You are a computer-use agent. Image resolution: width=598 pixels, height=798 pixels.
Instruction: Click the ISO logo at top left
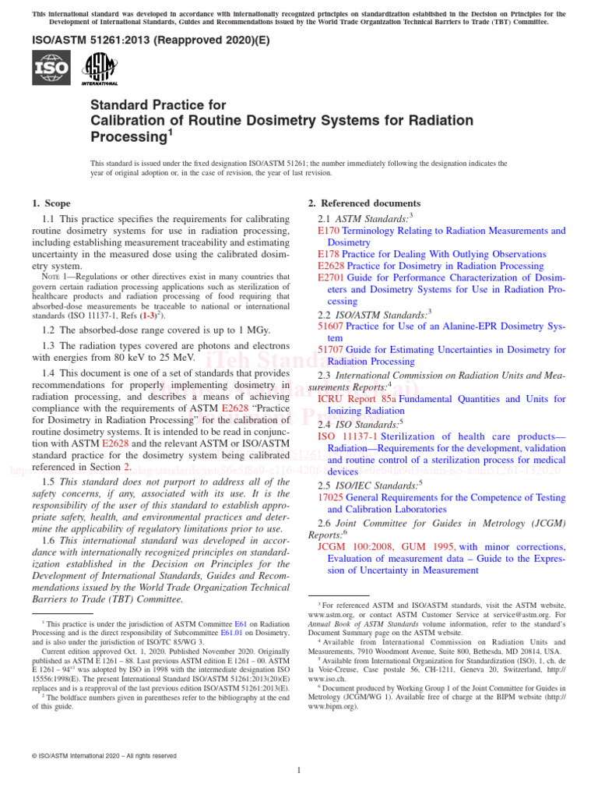[51, 68]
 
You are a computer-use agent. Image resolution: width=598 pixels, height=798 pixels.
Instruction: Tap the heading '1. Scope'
[51, 203]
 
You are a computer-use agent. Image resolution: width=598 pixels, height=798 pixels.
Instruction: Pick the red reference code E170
[329, 231]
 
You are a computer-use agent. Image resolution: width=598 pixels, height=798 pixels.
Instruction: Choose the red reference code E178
[329, 254]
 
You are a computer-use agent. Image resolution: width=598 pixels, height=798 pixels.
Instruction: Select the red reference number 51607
[331, 327]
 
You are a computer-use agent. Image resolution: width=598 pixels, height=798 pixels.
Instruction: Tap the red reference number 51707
[331, 350]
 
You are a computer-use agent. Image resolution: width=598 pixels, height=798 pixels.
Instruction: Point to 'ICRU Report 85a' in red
[357, 398]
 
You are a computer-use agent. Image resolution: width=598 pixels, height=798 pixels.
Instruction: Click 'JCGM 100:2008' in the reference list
[354, 546]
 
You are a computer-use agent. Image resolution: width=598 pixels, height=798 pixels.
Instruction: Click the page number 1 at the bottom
[299, 771]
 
